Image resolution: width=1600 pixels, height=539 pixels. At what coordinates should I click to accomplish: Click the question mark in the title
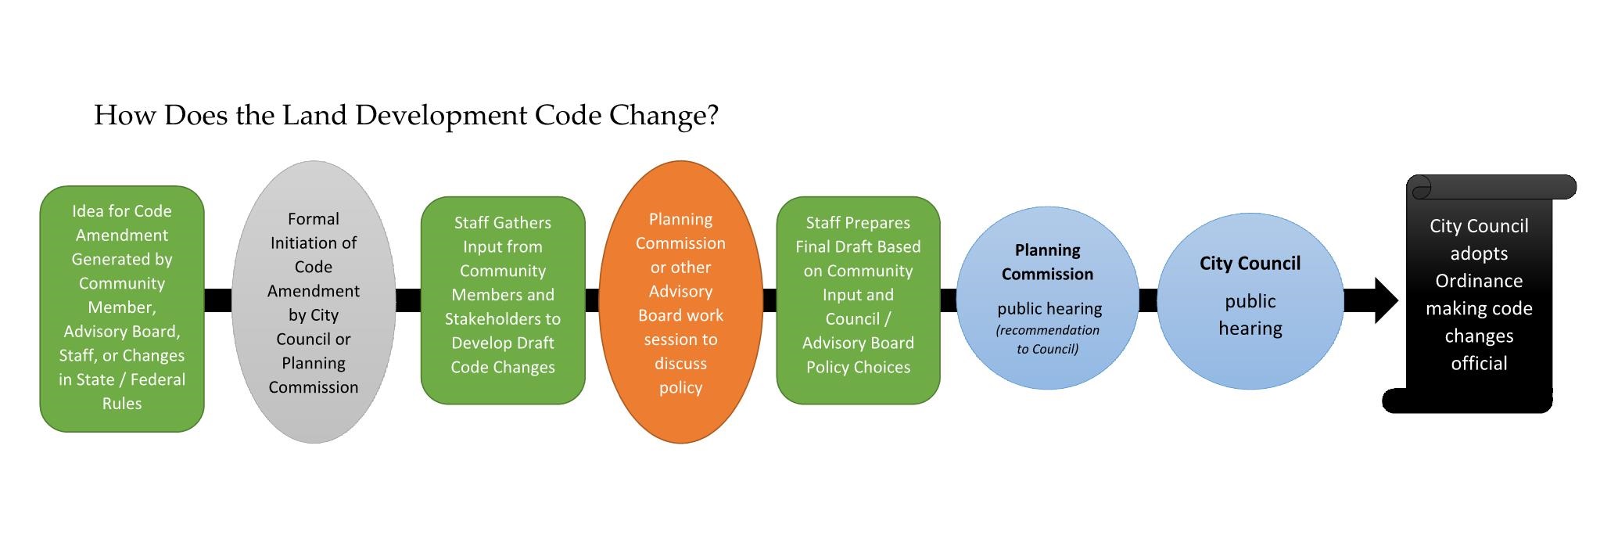[711, 116]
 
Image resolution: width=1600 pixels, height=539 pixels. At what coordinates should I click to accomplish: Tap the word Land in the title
[315, 115]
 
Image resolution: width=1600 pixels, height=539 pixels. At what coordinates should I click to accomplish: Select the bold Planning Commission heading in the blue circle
[1047, 262]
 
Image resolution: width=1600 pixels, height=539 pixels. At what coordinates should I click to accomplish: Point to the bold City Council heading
[1250, 264]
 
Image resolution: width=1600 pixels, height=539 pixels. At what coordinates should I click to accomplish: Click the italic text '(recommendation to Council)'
[1047, 340]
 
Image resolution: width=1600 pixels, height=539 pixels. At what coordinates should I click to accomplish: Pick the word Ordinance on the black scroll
[1479, 281]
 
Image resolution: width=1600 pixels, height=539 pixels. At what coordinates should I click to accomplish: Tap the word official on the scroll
[1479, 363]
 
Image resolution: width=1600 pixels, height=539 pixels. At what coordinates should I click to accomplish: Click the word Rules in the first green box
[122, 404]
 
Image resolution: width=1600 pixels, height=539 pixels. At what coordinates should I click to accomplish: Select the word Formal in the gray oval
[314, 219]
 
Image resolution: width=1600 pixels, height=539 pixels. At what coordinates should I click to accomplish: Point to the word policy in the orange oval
[680, 388]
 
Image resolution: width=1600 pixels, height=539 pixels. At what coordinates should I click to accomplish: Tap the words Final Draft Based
[858, 246]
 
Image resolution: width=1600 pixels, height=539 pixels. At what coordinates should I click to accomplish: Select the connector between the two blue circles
[1148, 300]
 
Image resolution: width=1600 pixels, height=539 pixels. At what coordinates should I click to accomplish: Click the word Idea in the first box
[87, 211]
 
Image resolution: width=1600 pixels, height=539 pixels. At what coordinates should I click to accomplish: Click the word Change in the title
[657, 116]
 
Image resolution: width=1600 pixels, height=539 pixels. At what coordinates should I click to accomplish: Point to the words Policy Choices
[858, 367]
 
